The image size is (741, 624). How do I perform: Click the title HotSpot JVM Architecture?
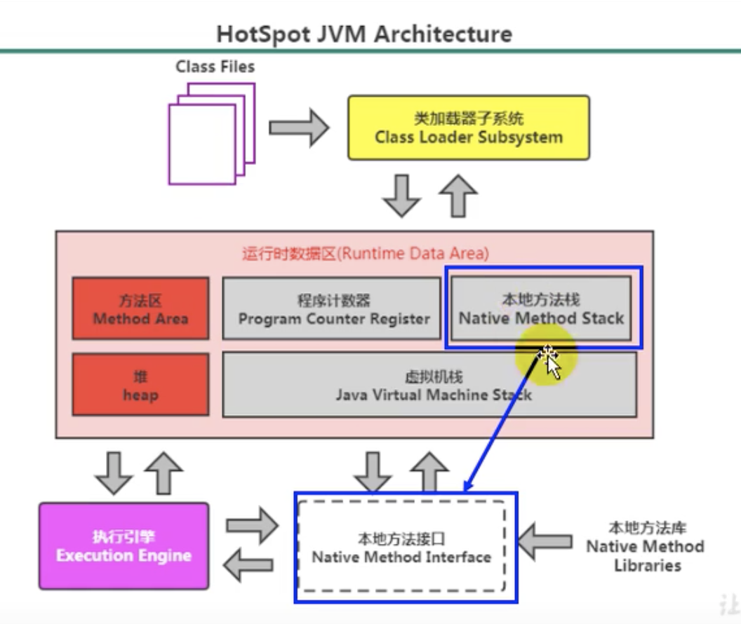pyautogui.click(x=363, y=34)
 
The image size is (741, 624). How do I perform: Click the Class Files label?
pyautogui.click(x=215, y=67)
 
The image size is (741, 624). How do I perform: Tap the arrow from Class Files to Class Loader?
pyautogui.click(x=299, y=128)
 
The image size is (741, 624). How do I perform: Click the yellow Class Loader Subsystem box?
pyautogui.click(x=469, y=128)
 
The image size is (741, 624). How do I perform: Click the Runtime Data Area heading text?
pyautogui.click(x=366, y=253)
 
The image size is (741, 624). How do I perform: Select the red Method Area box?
pyautogui.click(x=140, y=309)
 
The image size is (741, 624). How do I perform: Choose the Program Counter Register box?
pyautogui.click(x=332, y=309)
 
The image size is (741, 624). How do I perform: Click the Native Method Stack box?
pyautogui.click(x=540, y=308)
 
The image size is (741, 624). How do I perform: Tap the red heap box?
pyautogui.click(x=140, y=386)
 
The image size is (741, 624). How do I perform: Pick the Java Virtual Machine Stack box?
pyautogui.click(x=429, y=386)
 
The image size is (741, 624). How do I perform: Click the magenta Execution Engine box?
pyautogui.click(x=123, y=546)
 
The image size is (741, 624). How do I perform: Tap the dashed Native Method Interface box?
pyautogui.click(x=401, y=548)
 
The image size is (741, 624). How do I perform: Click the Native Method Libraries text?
pyautogui.click(x=645, y=546)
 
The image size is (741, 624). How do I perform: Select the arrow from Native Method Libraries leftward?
pyautogui.click(x=546, y=541)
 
